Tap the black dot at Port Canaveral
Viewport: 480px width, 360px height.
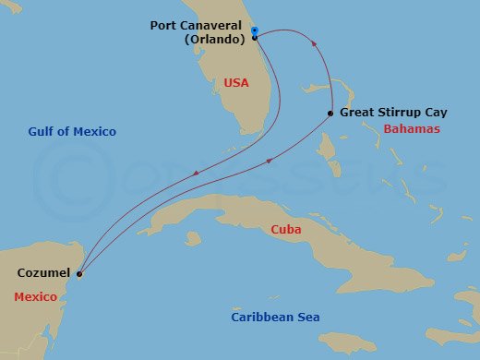tap(255, 38)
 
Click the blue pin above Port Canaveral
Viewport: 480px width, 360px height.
tap(254, 30)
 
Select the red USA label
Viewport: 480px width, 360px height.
tap(236, 83)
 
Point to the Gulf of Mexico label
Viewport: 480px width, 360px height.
tap(70, 132)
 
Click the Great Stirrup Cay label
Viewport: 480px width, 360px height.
tap(393, 113)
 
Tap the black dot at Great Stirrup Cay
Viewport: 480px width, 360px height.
tap(330, 114)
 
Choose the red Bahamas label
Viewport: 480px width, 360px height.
tap(411, 129)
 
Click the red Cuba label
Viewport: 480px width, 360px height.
tap(285, 229)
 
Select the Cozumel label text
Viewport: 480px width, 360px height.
tap(42, 273)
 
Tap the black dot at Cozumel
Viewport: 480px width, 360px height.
tap(79, 273)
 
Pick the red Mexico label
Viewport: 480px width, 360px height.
tap(36, 296)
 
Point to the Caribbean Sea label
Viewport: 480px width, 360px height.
tap(275, 318)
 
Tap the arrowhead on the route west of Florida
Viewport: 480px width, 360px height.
tap(195, 174)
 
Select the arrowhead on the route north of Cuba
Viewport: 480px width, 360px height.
tap(269, 162)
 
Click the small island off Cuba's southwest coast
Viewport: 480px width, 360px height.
tap(192, 238)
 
